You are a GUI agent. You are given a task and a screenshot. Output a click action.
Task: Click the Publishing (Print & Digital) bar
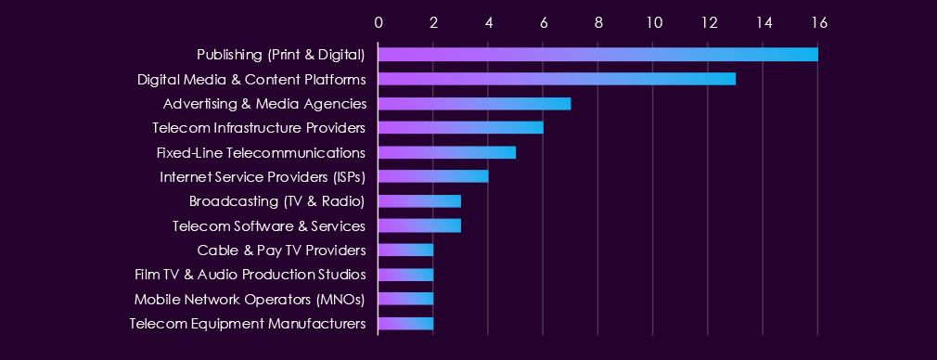tap(598, 55)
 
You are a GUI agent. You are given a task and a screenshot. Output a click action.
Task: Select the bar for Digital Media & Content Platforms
tap(557, 79)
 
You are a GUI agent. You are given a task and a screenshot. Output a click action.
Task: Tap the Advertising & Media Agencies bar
tap(474, 104)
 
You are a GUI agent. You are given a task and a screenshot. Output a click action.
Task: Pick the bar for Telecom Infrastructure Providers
tap(461, 128)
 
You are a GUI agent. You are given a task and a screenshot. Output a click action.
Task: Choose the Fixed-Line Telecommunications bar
tap(447, 152)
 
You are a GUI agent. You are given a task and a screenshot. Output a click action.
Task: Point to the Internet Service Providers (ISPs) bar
tap(433, 176)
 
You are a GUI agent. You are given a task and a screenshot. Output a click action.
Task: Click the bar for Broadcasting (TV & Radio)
tap(419, 201)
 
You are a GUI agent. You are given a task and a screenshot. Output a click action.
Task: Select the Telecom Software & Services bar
tap(419, 225)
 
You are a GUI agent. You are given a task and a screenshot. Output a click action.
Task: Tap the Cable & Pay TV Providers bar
tap(405, 250)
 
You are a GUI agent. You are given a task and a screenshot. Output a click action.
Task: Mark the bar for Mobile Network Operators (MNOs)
tap(405, 299)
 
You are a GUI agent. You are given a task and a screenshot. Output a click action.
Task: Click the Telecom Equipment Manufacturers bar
tap(405, 324)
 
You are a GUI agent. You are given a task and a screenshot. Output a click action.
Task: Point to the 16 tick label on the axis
tap(818, 22)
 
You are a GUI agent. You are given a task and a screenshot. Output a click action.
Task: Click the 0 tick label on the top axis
tap(379, 22)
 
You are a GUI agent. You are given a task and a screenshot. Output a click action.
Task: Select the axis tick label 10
tap(653, 22)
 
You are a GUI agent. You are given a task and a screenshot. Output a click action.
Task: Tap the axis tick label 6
tap(544, 22)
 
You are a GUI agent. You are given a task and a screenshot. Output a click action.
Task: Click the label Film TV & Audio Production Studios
tap(250, 275)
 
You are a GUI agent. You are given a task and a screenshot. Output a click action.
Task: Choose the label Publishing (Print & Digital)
tap(281, 55)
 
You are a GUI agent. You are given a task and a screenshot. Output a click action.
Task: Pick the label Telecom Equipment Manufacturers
tap(248, 324)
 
